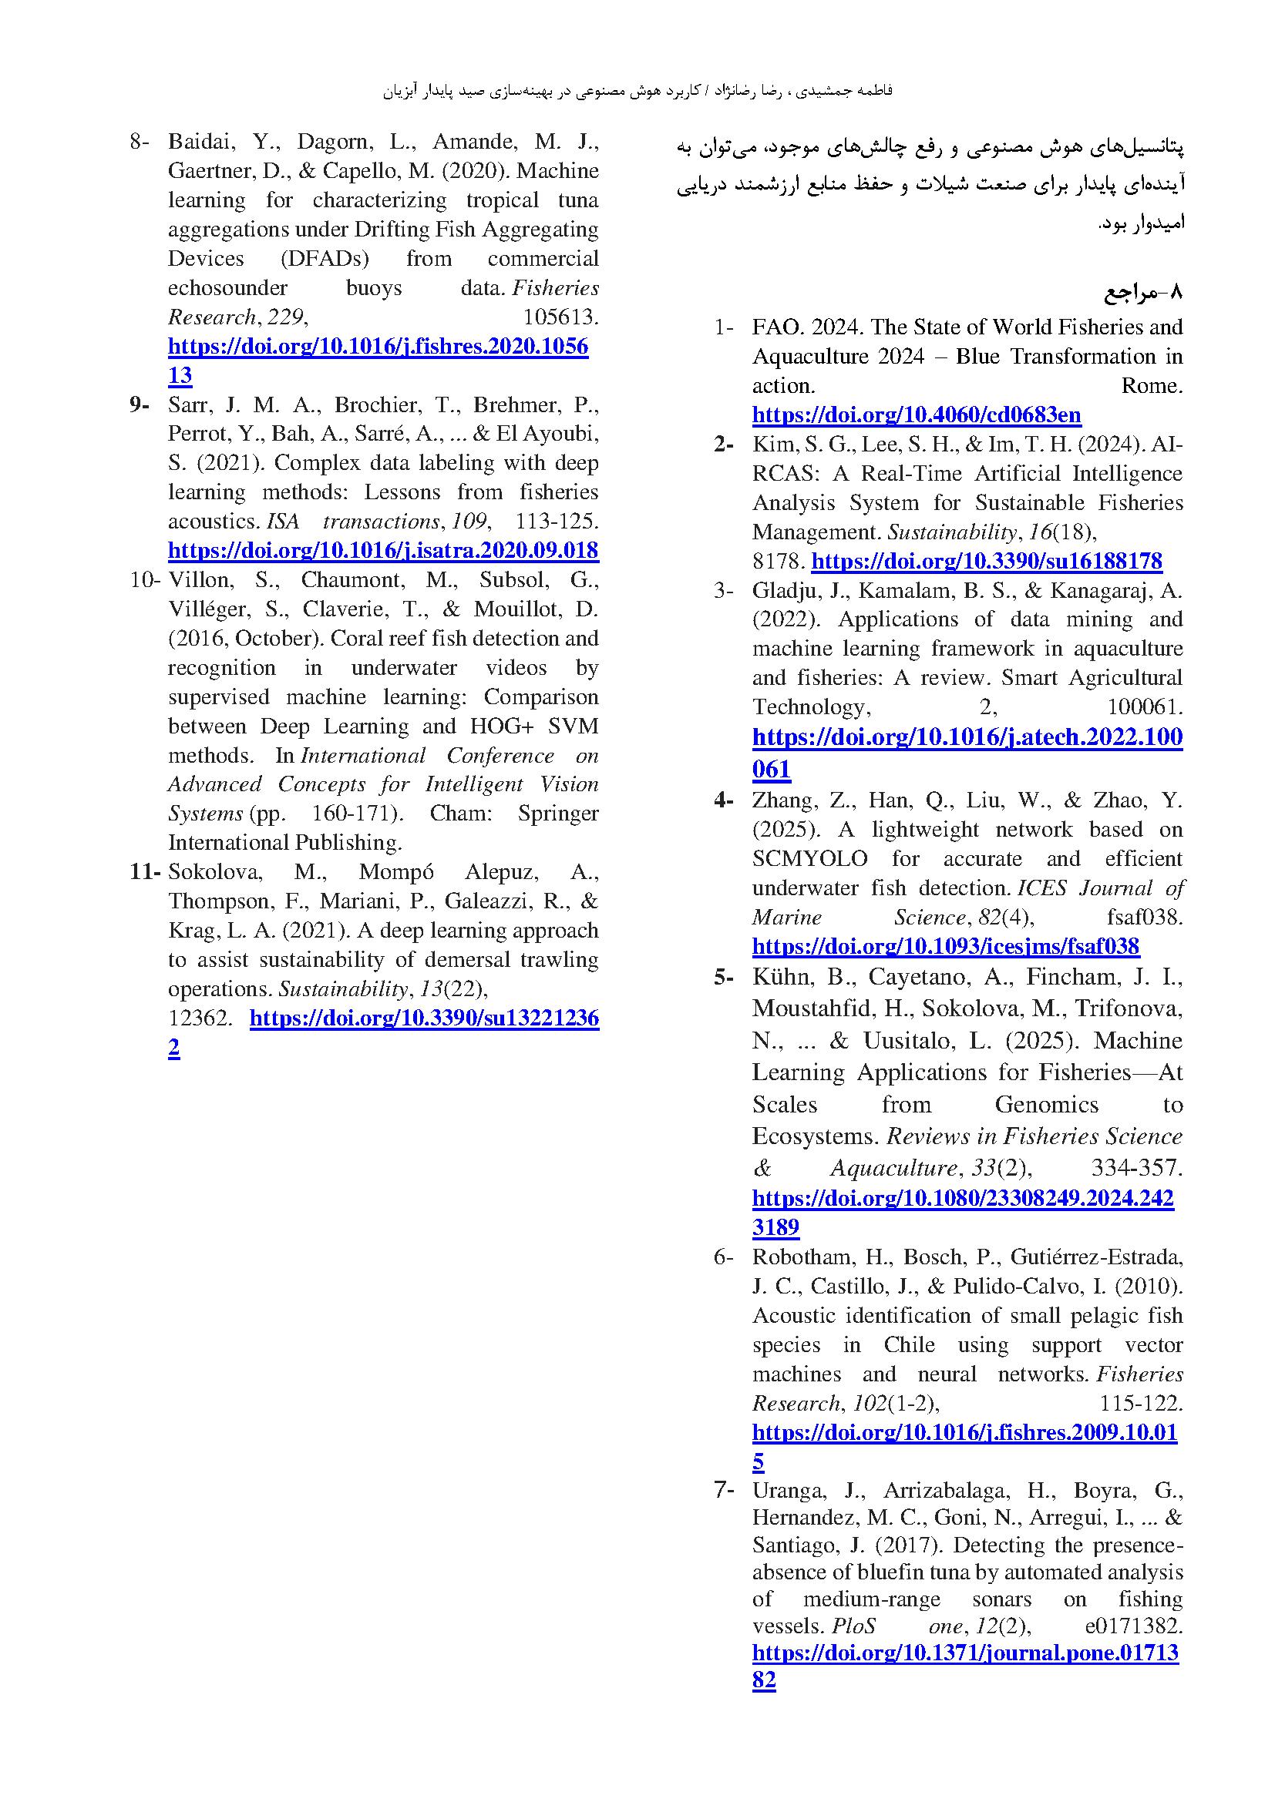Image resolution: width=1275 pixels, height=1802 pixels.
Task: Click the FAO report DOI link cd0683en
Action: click(917, 414)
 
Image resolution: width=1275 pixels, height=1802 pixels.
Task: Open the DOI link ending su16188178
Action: click(986, 561)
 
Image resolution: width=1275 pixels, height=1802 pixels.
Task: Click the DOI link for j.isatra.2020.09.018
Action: click(383, 550)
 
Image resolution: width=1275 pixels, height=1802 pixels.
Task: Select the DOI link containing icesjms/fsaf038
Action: click(945, 946)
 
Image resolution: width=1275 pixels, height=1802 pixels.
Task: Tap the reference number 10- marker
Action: click(145, 580)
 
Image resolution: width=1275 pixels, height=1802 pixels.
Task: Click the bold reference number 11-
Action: click(145, 871)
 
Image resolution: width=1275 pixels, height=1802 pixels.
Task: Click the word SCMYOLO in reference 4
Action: click(809, 858)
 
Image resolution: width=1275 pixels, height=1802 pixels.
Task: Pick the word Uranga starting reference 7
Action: click(788, 1490)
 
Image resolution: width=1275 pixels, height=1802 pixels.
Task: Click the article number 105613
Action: click(560, 317)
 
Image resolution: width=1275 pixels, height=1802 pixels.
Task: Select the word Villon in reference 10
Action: click(197, 580)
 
